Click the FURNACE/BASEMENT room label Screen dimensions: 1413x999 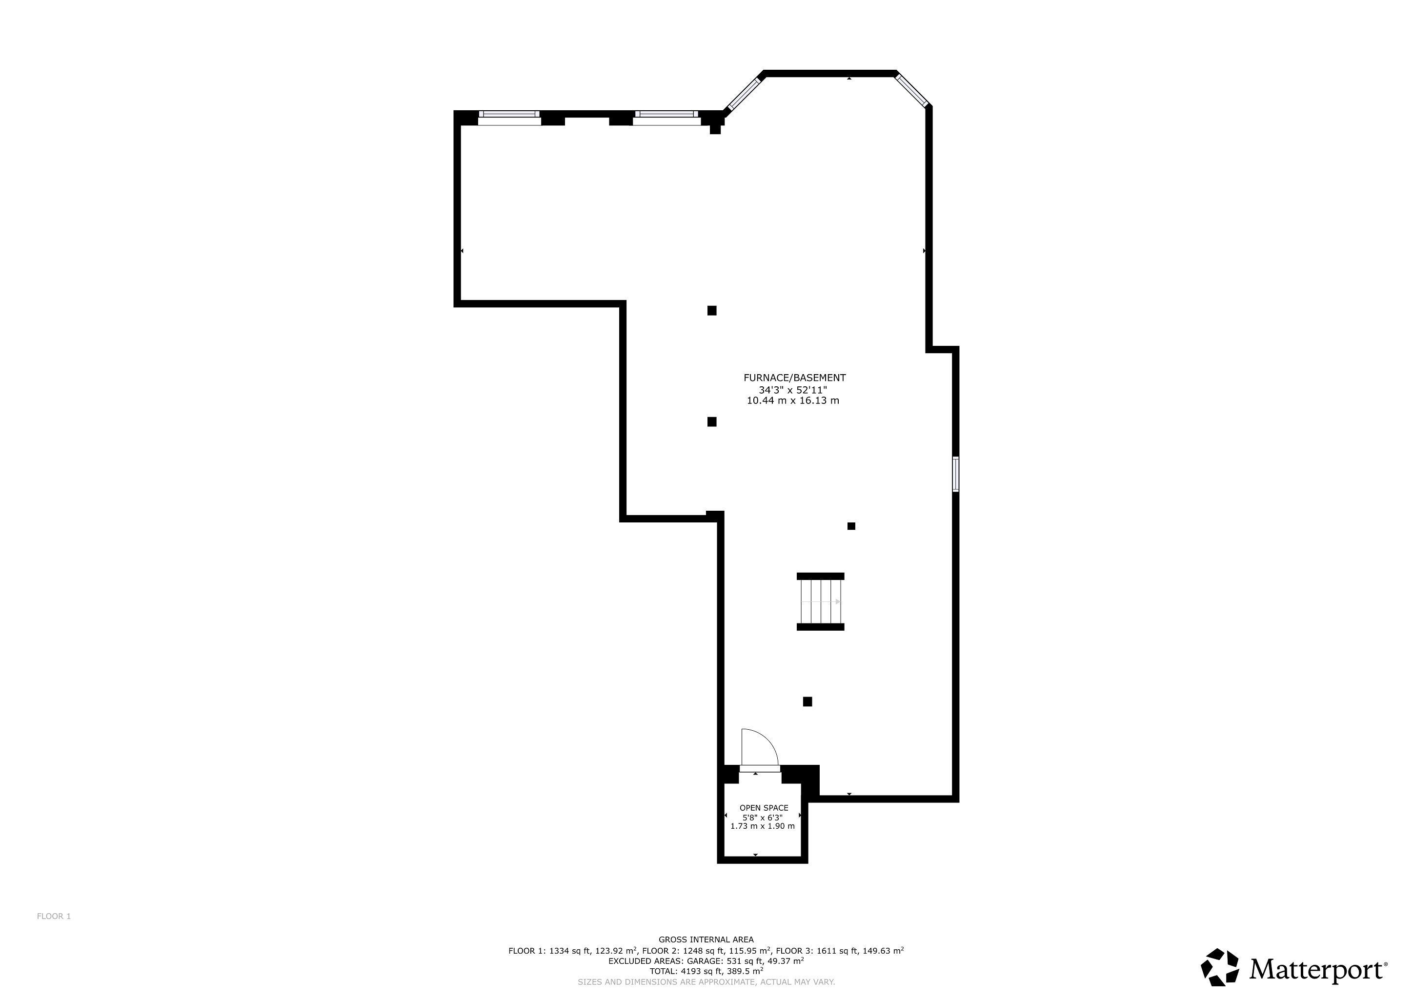coord(794,378)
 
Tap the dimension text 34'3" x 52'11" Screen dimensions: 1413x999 coord(793,389)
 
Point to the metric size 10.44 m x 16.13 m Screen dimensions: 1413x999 coord(793,400)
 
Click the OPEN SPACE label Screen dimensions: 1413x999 coord(764,808)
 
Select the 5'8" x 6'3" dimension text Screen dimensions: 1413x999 coord(763,818)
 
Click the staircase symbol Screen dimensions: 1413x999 coord(820,601)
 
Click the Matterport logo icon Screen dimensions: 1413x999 coord(1220,967)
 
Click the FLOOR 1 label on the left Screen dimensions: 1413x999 coord(54,916)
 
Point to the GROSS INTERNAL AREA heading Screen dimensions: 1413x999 coord(706,939)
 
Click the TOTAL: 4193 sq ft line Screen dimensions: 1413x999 coord(706,971)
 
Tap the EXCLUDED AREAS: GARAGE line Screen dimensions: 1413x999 coord(706,961)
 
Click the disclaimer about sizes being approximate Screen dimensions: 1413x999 coord(706,982)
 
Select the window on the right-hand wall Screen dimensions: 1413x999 coord(956,474)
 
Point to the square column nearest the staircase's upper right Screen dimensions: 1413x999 coord(851,526)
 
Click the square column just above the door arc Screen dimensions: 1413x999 coord(807,701)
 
